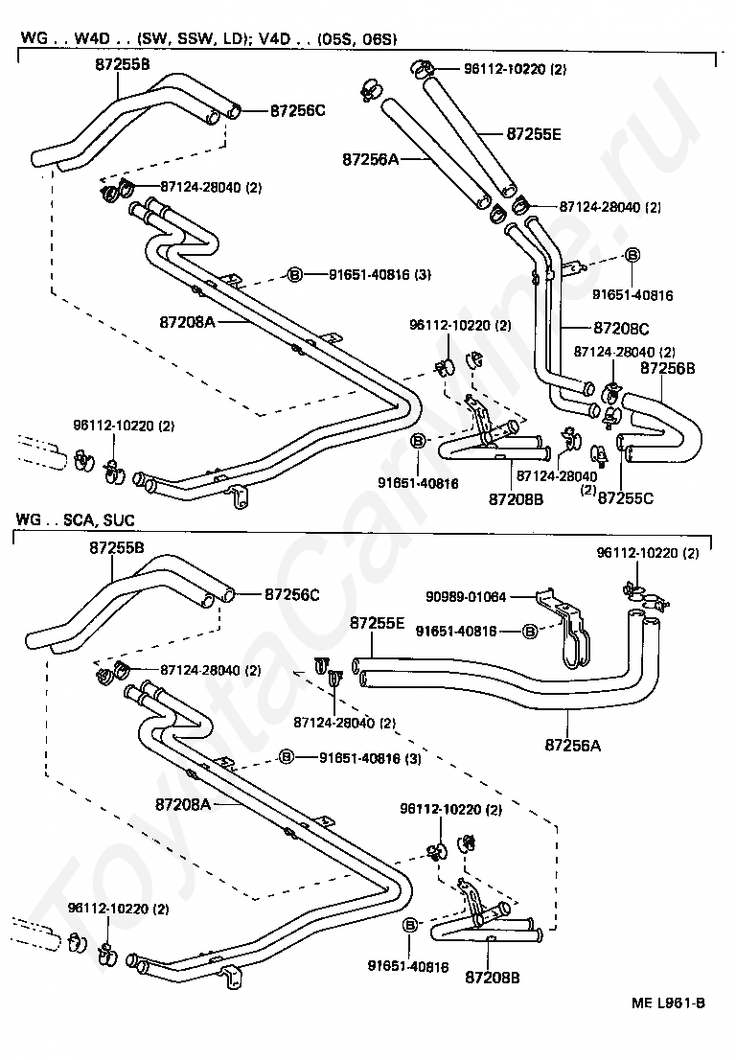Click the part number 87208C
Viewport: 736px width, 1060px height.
pos(621,329)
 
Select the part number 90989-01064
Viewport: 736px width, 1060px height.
pos(466,597)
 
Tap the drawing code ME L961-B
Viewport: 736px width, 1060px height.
pos(668,1002)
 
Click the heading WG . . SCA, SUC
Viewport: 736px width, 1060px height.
pos(75,520)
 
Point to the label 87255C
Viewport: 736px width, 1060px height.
pos(626,498)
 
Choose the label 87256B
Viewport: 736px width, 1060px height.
pos(667,368)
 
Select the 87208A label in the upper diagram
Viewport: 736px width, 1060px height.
pos(187,322)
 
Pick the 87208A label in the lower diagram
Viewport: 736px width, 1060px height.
pos(183,805)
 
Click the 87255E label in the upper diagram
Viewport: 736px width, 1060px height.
pos(533,134)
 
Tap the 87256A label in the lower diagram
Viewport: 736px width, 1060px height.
pos(572,746)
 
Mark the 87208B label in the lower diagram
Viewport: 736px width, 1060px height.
pos(492,978)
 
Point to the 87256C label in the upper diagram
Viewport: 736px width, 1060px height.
pos(297,110)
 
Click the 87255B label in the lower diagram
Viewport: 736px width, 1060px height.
pos(116,547)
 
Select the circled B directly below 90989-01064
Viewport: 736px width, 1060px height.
pos(531,632)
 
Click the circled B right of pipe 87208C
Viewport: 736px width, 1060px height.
pos(632,255)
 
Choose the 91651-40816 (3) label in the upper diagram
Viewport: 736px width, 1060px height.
pos(379,274)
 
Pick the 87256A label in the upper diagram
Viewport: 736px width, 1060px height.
pos(370,159)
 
